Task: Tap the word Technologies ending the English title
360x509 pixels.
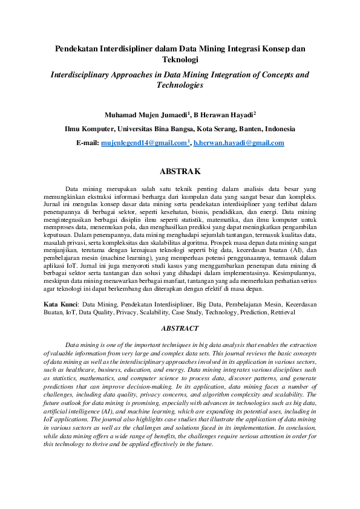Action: click(x=180, y=86)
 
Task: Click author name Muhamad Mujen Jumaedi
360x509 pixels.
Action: click(x=139, y=114)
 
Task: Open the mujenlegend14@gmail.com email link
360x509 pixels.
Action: click(x=144, y=143)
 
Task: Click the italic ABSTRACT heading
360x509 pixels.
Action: click(x=180, y=328)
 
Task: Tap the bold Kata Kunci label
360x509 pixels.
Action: click(x=62, y=305)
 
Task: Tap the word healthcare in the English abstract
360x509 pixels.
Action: click(x=76, y=369)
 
